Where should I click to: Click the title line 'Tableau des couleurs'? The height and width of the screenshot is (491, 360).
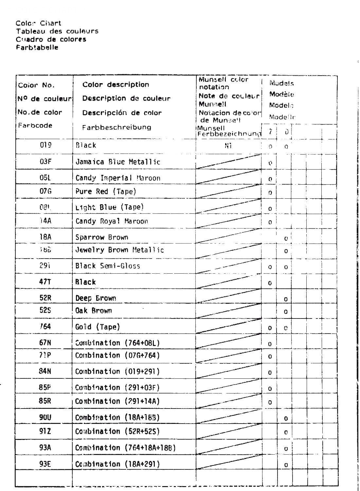click(x=57, y=31)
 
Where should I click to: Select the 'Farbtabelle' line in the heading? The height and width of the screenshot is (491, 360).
click(x=37, y=47)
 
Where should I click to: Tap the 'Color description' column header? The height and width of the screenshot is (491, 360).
click(x=116, y=85)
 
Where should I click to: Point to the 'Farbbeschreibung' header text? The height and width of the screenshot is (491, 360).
click(x=117, y=127)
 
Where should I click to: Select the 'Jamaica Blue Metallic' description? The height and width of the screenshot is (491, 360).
click(x=118, y=162)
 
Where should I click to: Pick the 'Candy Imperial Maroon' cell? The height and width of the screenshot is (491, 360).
click(x=118, y=178)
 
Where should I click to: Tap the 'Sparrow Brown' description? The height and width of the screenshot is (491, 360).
click(x=102, y=237)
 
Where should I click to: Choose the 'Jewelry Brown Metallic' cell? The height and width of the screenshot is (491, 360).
click(x=120, y=250)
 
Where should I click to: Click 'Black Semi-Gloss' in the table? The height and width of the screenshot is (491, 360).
click(x=108, y=266)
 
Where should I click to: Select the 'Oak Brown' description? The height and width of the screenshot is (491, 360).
click(x=94, y=311)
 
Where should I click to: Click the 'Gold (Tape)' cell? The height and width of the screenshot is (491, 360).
click(x=98, y=327)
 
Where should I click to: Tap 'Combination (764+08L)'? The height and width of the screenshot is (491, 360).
click(x=117, y=343)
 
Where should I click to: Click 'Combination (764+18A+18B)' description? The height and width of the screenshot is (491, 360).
click(x=125, y=448)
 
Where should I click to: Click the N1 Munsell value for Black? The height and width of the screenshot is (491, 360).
click(x=228, y=146)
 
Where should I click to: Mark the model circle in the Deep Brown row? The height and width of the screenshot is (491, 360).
click(x=286, y=299)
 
